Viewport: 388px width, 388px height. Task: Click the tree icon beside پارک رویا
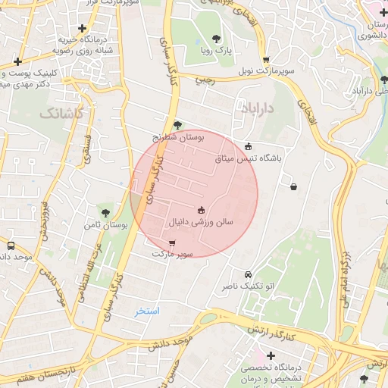[x=217, y=39]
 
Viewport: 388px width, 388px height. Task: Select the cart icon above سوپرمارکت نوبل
[x=265, y=60]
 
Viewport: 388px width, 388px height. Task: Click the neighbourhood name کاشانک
[x=58, y=114]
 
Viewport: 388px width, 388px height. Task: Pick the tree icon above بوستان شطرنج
[x=177, y=125]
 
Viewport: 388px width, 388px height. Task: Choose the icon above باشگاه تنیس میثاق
[x=249, y=147]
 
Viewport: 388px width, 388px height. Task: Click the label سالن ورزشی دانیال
[x=201, y=223]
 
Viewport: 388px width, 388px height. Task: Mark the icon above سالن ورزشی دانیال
[x=201, y=210]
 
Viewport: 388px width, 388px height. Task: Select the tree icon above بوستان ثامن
[x=105, y=213]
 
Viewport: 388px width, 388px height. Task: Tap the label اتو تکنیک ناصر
[x=248, y=286]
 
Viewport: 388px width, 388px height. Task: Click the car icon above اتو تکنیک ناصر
[x=248, y=274]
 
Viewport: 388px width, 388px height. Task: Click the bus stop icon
[x=11, y=246]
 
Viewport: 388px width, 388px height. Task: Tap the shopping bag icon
[x=293, y=186]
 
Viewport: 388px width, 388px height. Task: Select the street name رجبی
[x=205, y=79]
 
